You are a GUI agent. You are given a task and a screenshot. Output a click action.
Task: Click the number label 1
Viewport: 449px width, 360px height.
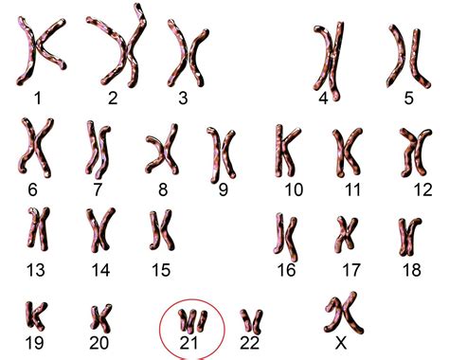[x=38, y=98]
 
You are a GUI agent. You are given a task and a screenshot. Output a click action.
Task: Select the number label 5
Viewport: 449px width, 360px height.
[x=408, y=98]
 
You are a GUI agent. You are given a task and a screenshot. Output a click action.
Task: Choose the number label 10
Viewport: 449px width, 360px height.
[x=294, y=189]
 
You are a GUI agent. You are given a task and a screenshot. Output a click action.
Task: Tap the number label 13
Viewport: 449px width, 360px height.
[x=35, y=270]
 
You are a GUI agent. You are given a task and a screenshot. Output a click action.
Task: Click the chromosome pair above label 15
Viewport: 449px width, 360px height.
[x=162, y=230]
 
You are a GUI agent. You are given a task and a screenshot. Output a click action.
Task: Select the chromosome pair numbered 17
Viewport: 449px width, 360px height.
[x=346, y=234]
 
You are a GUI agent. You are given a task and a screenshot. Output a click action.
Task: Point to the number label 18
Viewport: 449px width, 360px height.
[x=412, y=270]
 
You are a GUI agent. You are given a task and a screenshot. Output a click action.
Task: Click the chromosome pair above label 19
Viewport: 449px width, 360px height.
[x=36, y=315]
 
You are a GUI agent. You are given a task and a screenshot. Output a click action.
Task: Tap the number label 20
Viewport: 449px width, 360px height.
[x=99, y=343]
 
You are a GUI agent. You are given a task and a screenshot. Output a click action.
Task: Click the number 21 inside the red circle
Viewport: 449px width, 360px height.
[x=189, y=343]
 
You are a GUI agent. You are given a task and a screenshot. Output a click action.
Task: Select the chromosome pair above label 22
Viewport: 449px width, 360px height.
[x=251, y=321]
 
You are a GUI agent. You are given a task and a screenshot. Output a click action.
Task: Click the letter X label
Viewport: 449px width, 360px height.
[x=341, y=343]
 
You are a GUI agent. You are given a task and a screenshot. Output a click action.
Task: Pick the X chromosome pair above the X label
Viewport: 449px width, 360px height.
[x=344, y=313]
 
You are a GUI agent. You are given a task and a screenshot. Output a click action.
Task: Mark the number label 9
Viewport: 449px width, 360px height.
[x=223, y=189]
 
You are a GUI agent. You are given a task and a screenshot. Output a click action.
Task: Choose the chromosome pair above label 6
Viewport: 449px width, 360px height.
[x=36, y=148]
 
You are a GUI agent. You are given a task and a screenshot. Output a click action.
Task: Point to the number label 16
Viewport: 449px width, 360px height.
[x=286, y=270]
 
